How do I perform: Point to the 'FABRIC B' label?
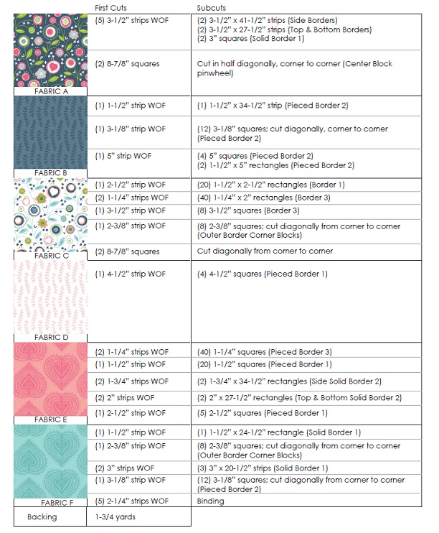click(49, 173)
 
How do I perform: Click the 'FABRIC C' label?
click(49, 255)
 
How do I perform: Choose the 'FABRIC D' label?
click(49, 337)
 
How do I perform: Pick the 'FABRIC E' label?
click(49, 420)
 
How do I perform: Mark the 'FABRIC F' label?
click(49, 501)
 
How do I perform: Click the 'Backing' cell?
click(42, 517)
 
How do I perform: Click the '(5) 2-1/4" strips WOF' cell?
click(131, 501)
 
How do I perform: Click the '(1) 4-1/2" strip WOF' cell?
click(130, 274)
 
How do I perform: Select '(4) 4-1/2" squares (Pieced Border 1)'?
click(262, 274)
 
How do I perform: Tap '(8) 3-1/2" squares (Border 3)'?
click(248, 210)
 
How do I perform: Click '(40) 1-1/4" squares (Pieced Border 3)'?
click(264, 352)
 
